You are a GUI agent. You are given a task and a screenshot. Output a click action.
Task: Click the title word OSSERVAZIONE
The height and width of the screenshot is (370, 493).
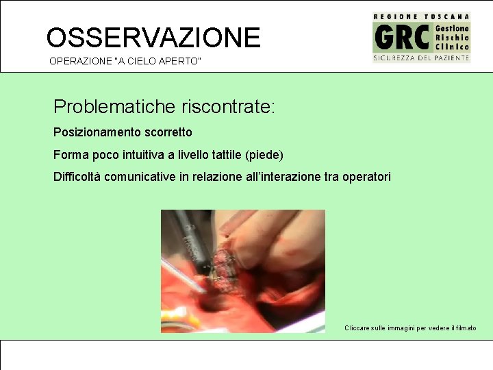pos(153,37)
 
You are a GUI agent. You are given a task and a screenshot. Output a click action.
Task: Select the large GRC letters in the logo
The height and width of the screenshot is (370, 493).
pos(402,37)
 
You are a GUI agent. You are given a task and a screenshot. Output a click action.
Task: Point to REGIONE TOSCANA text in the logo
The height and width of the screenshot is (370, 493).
pos(421,16)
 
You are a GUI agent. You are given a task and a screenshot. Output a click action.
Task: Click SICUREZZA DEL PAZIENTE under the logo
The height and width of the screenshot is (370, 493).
pos(421,58)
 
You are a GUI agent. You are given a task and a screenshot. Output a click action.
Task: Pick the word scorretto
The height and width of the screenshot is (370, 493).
pos(169,132)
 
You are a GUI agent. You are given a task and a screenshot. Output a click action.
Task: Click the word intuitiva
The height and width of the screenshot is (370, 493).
pos(142,154)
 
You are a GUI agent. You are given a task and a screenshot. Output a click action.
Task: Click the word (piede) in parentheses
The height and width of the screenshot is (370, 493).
pos(267,154)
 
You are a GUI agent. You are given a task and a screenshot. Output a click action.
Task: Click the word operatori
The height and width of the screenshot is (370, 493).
pos(367,177)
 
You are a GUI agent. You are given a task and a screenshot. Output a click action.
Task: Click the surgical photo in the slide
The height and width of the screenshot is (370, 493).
pos(242,271)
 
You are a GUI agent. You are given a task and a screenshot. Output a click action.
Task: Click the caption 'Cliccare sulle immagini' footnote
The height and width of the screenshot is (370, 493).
pos(410,328)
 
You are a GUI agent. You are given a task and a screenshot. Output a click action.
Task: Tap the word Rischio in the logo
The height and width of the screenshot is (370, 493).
pos(453,38)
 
